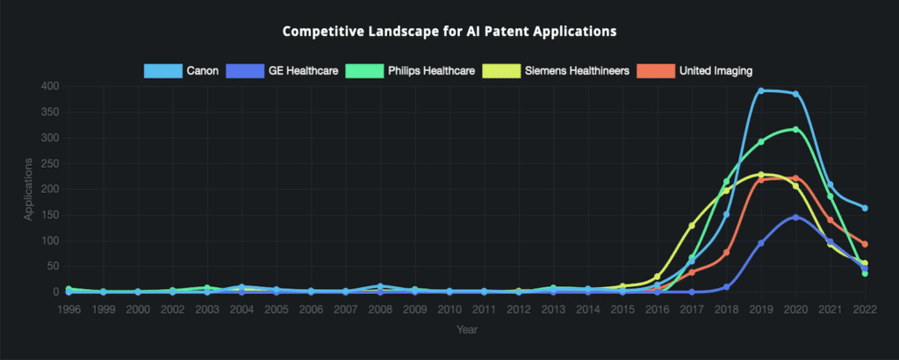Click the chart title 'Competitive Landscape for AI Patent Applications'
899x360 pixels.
449,32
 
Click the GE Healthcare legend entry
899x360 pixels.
281,70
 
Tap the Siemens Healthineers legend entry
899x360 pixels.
550,70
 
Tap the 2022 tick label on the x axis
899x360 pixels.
865,309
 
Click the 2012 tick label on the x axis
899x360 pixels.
519,309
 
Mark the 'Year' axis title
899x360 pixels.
467,330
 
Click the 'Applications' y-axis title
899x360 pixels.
29,189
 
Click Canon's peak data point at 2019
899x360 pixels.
761,90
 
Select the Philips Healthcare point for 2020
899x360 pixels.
795,129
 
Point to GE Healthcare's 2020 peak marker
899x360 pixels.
795,217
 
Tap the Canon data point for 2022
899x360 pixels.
865,208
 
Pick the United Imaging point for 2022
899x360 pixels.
865,244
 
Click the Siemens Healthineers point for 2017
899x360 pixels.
692,226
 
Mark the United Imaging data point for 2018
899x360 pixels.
727,252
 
